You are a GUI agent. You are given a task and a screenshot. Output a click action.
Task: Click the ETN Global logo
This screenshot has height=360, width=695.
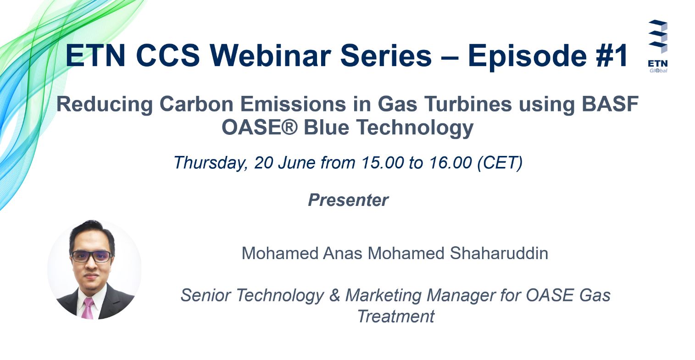point(657,46)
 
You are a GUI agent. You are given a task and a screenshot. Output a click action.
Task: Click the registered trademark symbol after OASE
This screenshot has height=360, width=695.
point(290,127)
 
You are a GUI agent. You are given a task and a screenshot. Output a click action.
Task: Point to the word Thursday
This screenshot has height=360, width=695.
point(210,163)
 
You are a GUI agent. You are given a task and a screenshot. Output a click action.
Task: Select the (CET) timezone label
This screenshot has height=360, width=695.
point(500,163)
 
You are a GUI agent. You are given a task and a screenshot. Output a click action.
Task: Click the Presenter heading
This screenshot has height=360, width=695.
point(348,200)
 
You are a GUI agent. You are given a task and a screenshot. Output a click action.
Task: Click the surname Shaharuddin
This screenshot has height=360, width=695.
point(499,253)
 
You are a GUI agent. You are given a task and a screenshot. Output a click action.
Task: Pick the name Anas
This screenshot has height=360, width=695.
point(342,253)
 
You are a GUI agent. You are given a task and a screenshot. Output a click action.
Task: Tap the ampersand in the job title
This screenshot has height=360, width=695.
point(335,295)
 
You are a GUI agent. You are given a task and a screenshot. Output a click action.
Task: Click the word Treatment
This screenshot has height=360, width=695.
point(396,316)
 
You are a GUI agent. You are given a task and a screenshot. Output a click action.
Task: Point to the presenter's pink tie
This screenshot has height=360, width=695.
point(88,308)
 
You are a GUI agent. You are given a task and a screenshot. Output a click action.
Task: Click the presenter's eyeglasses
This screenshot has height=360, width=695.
point(91,256)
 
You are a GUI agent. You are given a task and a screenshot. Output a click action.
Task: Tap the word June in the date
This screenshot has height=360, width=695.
point(297,163)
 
